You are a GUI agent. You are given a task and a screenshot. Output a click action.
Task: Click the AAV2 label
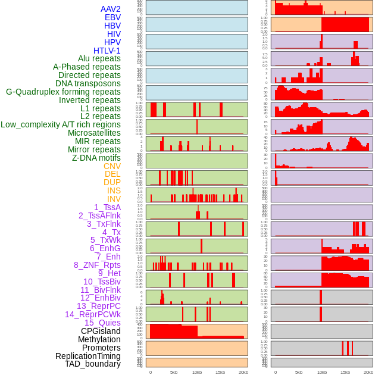(111, 9)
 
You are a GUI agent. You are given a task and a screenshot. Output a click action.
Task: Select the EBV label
(112, 17)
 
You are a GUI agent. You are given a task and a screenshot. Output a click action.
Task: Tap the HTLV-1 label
(107, 51)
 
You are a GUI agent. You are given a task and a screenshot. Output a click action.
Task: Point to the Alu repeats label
(99, 58)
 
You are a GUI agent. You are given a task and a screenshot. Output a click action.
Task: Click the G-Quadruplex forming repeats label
(63, 92)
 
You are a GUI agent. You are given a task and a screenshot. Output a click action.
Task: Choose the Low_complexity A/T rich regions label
(61, 124)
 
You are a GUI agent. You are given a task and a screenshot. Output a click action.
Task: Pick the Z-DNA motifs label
(96, 158)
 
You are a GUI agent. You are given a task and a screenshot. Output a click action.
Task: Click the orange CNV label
(112, 166)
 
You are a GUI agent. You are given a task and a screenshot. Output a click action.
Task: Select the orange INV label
(114, 199)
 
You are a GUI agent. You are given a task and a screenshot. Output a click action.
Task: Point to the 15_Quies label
(102, 323)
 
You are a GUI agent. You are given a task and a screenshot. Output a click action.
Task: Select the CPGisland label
(101, 331)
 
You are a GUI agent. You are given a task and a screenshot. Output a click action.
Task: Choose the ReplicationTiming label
(87, 356)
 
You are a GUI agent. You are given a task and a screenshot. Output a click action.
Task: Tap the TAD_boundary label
(93, 364)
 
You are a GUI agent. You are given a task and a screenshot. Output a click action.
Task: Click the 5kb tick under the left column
(174, 372)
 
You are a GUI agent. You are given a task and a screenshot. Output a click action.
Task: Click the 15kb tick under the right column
(345, 372)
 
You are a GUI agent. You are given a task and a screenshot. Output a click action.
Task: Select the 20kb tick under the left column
(243, 372)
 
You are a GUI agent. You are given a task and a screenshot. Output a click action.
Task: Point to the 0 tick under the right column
(276, 372)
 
